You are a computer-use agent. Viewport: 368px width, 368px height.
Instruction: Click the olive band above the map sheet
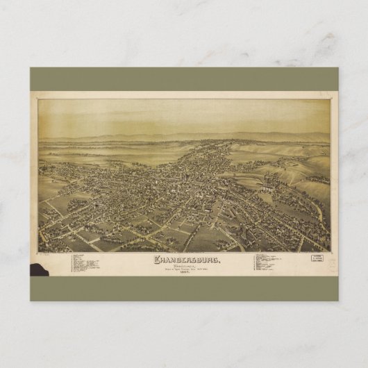[x=184, y=78]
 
